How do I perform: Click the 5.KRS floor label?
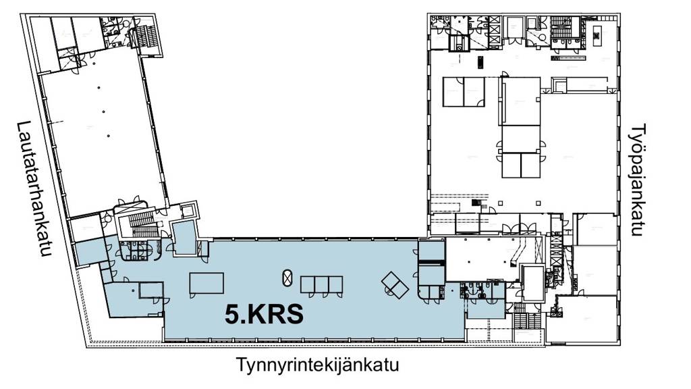(263, 315)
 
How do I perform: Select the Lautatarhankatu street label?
(35, 189)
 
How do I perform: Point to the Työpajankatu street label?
(639, 180)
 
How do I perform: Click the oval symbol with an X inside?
(287, 278)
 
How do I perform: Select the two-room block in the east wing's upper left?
(464, 92)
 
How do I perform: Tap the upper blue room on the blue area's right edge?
(431, 252)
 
